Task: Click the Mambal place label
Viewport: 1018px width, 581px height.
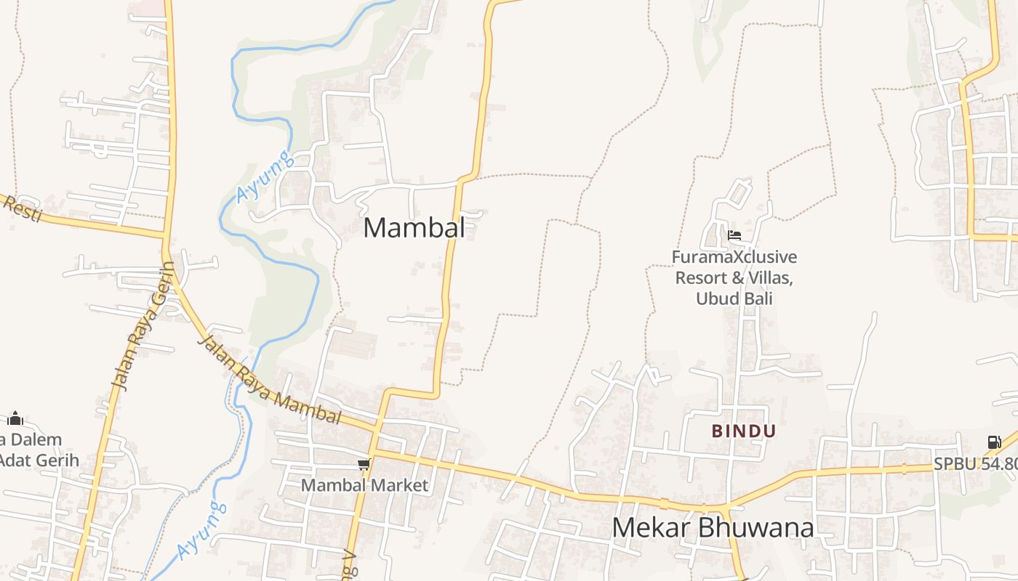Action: [414, 228]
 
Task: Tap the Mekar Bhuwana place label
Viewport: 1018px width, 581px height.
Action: [713, 528]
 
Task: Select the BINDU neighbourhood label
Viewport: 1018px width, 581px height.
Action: [744, 431]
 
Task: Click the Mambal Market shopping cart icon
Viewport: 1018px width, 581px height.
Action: [364, 464]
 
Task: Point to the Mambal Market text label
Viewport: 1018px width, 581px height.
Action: [365, 485]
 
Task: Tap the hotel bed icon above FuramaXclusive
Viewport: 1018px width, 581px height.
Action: [734, 235]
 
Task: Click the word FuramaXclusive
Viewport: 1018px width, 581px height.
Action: [734, 257]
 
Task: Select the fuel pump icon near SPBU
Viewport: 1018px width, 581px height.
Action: [993, 442]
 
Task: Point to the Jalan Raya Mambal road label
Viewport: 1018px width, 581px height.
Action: [269, 380]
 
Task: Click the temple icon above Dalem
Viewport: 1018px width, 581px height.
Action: [15, 418]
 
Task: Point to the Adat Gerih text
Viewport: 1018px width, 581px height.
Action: [39, 460]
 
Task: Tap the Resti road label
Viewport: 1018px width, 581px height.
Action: [22, 208]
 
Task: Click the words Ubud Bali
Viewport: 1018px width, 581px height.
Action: [734, 298]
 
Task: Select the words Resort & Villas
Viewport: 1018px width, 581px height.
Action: [734, 278]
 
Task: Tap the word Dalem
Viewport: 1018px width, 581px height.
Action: [35, 439]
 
